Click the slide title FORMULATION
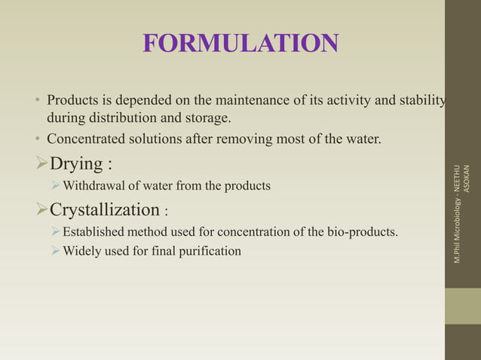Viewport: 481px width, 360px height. [x=240, y=44]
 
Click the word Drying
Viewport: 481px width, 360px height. [x=78, y=163]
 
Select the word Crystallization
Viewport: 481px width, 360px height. [x=104, y=209]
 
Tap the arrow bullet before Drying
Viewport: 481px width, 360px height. [x=41, y=163]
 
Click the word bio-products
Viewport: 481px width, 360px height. [x=362, y=231]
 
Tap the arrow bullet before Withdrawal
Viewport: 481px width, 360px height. [x=55, y=185]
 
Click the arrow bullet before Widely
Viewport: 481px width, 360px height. [x=55, y=251]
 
